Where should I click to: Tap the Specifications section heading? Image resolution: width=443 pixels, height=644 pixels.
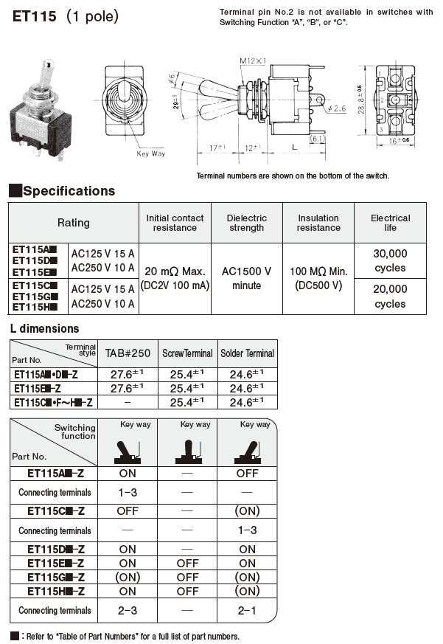click(x=69, y=191)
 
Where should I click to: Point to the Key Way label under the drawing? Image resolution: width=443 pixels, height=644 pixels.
click(x=151, y=153)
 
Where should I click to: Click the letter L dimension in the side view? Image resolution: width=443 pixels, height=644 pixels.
click(x=295, y=147)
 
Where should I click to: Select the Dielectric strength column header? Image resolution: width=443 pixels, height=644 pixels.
click(x=246, y=223)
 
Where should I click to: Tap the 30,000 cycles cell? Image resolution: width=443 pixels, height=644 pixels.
click(x=390, y=260)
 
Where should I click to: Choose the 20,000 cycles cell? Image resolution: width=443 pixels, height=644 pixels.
click(x=390, y=296)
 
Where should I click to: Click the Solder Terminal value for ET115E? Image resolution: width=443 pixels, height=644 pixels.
click(x=247, y=388)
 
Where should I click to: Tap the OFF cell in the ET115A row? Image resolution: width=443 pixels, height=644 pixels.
click(x=247, y=474)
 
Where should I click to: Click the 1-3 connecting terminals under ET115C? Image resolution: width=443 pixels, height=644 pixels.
click(x=247, y=530)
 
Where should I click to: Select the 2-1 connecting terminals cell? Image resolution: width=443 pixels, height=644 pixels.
click(x=247, y=610)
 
